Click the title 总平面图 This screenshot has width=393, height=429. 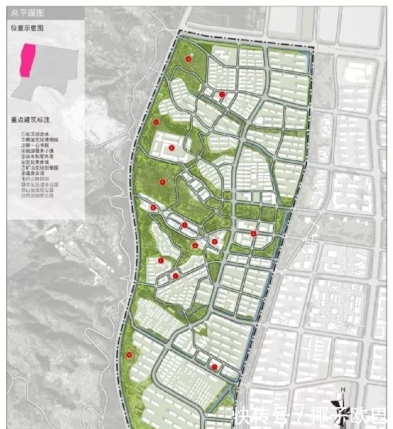pyautogui.click(x=23, y=13)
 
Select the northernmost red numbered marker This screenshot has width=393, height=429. pyautogui.click(x=189, y=59)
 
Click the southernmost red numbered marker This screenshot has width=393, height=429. pyautogui.click(x=214, y=367)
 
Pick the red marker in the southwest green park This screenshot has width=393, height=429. pyautogui.click(x=129, y=354)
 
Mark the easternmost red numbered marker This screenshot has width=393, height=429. pyautogui.click(x=253, y=233)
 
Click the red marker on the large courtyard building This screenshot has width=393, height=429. pyautogui.click(x=172, y=147)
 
